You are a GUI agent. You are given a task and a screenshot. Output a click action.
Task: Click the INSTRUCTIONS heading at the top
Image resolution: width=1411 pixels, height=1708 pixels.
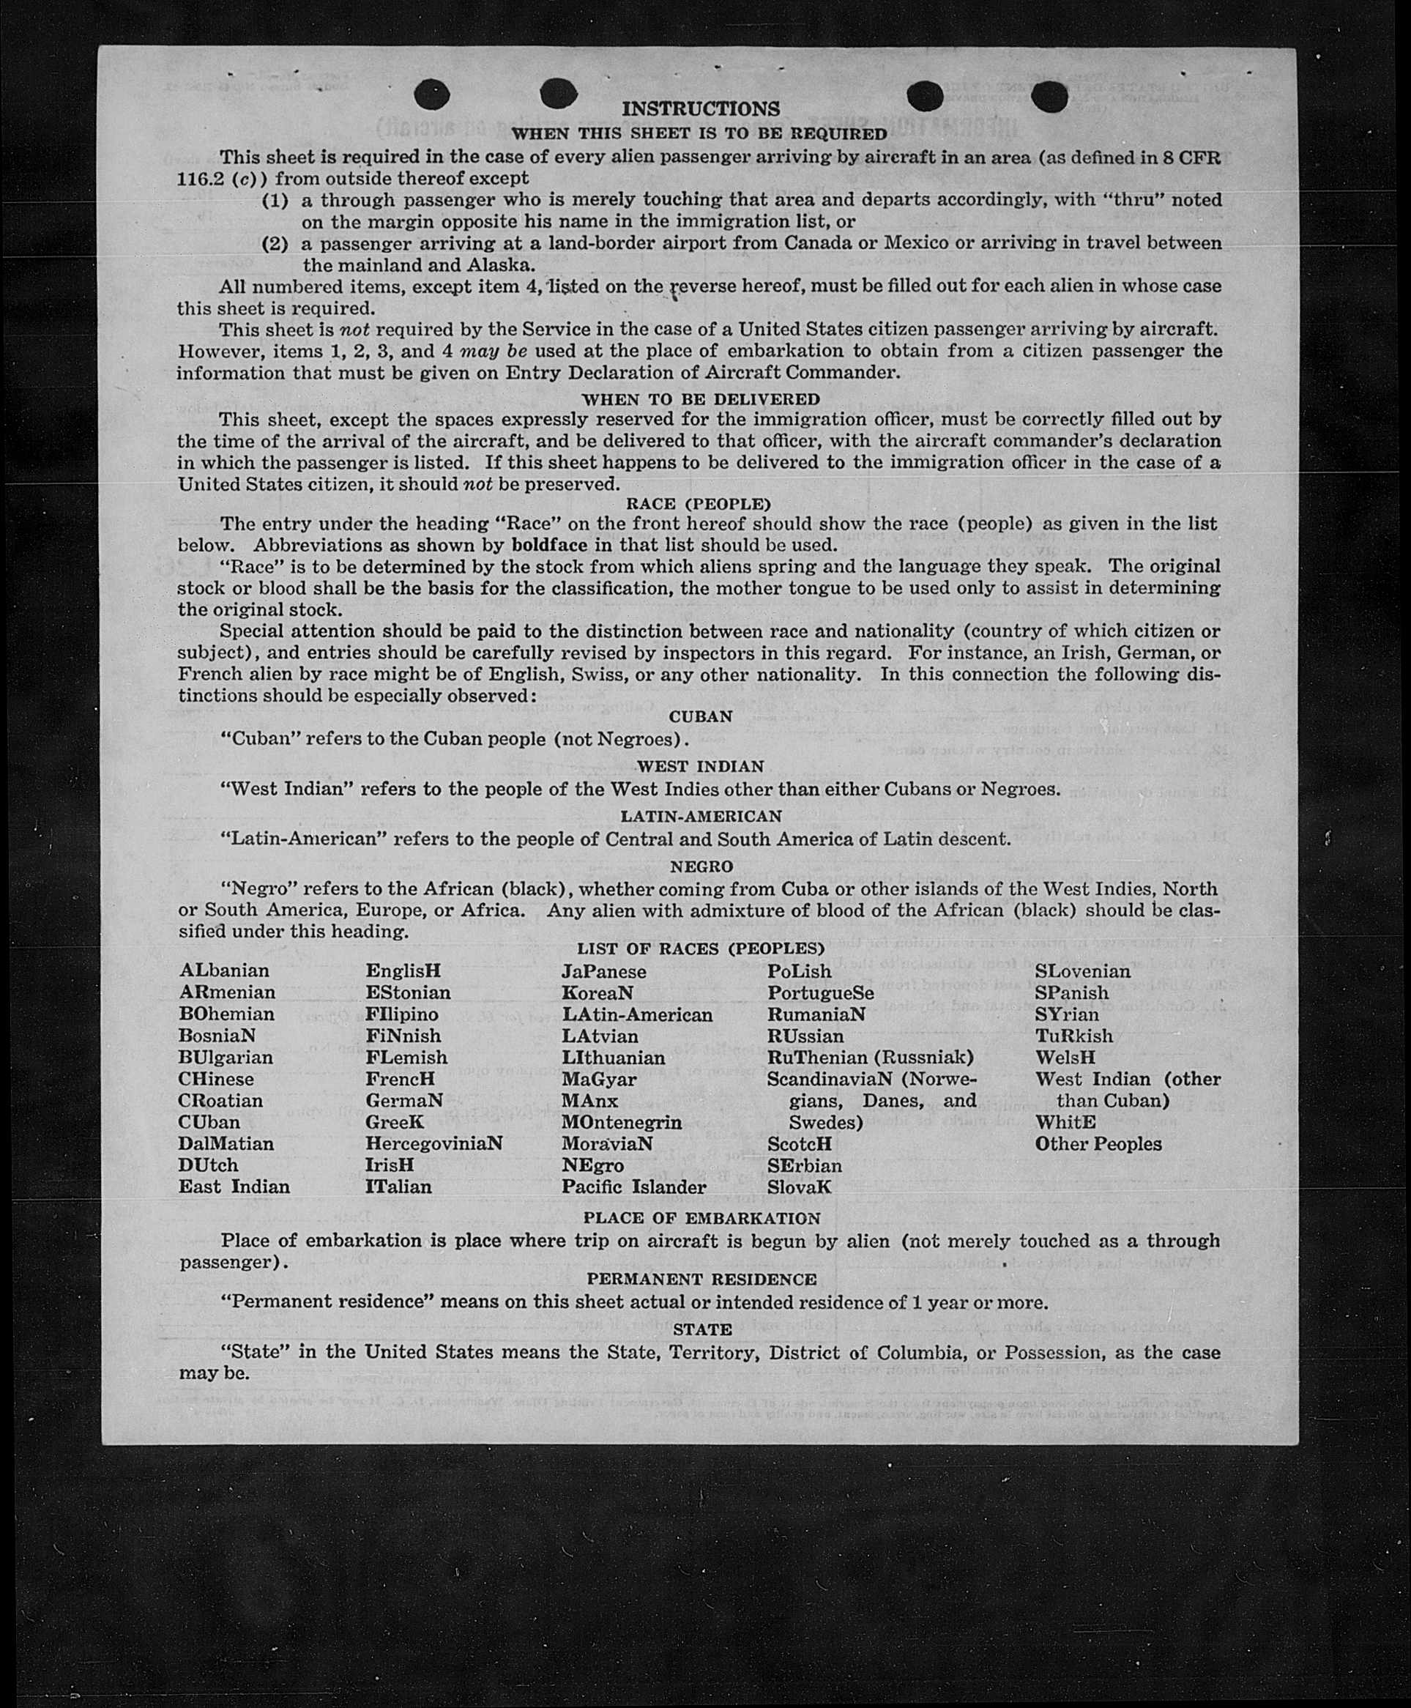tap(700, 109)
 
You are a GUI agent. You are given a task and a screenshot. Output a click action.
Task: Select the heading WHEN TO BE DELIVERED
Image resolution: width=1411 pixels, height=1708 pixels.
tap(700, 399)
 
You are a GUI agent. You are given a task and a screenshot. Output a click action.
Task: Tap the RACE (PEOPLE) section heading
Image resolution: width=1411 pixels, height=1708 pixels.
tap(699, 504)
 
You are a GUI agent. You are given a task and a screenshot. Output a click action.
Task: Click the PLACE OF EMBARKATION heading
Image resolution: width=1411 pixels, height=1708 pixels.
tap(701, 1219)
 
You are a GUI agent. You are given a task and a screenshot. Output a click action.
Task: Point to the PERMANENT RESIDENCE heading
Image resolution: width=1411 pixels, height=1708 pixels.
tap(701, 1280)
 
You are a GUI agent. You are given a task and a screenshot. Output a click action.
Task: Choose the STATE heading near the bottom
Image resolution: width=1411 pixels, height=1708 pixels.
tap(702, 1330)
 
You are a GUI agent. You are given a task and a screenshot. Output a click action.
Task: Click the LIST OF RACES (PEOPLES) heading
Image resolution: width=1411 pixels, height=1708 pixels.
tap(701, 948)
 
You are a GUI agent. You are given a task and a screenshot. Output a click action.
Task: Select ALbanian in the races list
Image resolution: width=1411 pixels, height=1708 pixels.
tap(223, 970)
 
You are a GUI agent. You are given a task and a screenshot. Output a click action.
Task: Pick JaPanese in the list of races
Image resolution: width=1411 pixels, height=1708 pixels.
tap(603, 972)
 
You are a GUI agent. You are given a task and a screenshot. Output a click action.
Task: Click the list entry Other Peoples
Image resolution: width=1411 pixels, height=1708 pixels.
tap(1098, 1144)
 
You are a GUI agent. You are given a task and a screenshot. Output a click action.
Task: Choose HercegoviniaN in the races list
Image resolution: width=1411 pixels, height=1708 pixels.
tap(433, 1144)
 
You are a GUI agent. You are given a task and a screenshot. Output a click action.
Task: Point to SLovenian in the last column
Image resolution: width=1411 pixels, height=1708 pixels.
tap(1081, 971)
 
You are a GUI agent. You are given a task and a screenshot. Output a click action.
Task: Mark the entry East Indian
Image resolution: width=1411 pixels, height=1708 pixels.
tap(234, 1187)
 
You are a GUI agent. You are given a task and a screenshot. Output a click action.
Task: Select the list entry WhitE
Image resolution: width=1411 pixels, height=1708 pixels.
tap(1065, 1123)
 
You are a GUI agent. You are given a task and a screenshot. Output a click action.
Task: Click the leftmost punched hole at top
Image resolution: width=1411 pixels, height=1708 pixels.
tap(431, 95)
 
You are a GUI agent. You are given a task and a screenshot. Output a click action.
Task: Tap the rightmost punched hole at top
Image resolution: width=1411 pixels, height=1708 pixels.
tap(1049, 97)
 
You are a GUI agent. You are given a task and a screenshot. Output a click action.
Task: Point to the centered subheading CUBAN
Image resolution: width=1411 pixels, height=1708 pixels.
tap(700, 717)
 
